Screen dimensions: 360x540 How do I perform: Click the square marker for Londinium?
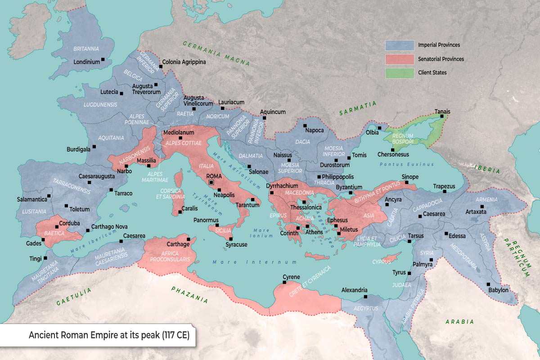pyautogui.click(x=103, y=59)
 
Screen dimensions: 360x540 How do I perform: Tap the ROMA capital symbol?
pyautogui.click(x=211, y=182)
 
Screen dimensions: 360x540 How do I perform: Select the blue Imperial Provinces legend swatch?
pyautogui.click(x=399, y=45)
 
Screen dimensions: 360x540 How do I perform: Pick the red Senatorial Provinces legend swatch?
pyautogui.click(x=399, y=59)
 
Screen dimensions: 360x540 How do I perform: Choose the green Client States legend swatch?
pyautogui.click(x=399, y=72)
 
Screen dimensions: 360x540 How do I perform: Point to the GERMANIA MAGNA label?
pyautogui.click(x=216, y=54)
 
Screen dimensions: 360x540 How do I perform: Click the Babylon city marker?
pyautogui.click(x=488, y=284)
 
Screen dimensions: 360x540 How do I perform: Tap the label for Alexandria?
pyautogui.click(x=355, y=290)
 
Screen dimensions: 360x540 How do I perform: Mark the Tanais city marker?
pyautogui.click(x=442, y=116)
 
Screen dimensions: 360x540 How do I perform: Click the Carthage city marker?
pyautogui.click(x=188, y=239)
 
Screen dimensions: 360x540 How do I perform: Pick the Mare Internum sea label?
pyautogui.click(x=255, y=262)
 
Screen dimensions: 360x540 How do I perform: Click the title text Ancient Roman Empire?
pyautogui.click(x=108, y=336)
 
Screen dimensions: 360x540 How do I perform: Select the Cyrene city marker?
pyautogui.click(x=284, y=283)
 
